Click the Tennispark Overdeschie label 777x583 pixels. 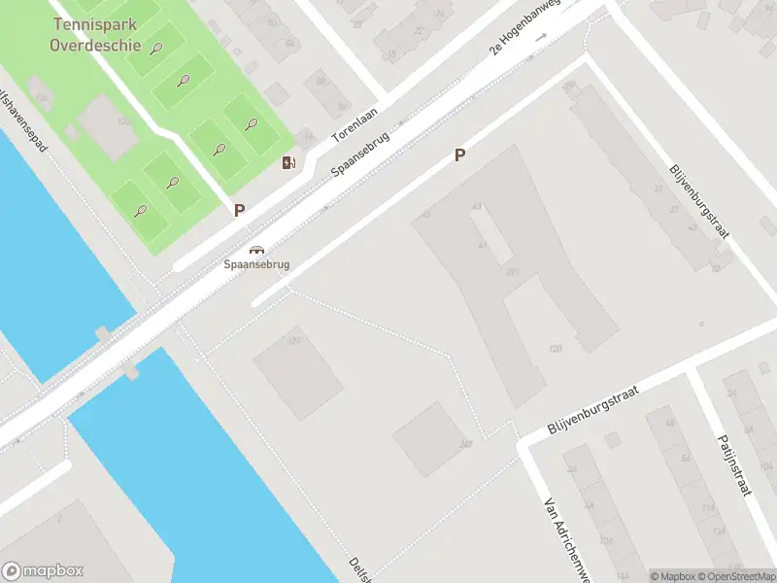tap(96, 36)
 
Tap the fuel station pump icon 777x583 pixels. tap(288, 162)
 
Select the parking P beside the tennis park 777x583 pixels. tap(239, 209)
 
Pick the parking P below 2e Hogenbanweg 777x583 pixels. tap(459, 154)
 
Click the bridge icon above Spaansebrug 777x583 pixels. tap(256, 249)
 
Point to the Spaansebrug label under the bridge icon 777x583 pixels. tap(256, 263)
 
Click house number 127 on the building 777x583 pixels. tap(294, 340)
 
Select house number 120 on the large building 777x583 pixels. tap(556, 348)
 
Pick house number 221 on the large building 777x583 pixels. tap(512, 272)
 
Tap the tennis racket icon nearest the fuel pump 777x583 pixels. tap(252, 124)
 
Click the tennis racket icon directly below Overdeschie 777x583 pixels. tap(155, 48)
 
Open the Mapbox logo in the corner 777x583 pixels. tap(43, 571)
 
